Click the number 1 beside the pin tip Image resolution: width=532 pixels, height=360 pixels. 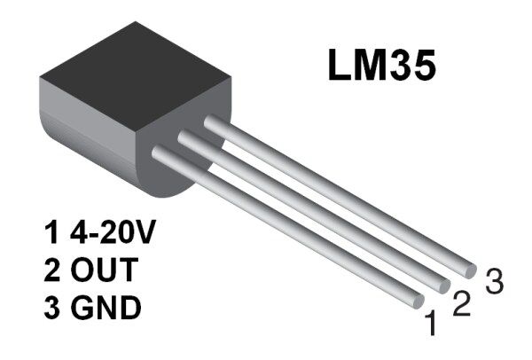(x=431, y=325)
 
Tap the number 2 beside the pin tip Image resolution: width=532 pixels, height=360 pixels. (x=460, y=304)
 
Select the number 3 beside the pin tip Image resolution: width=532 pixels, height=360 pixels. (x=494, y=282)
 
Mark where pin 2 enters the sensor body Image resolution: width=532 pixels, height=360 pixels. (x=185, y=137)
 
